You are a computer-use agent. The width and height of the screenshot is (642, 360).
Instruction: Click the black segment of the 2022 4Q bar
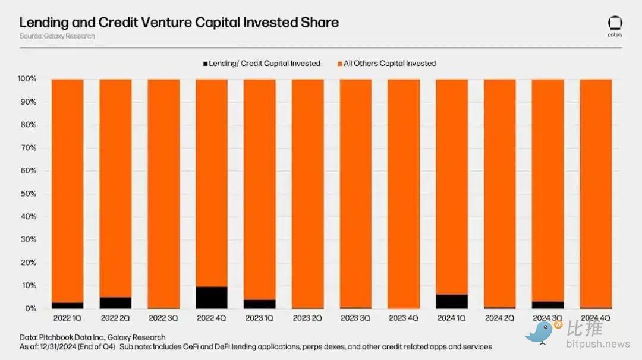click(x=212, y=298)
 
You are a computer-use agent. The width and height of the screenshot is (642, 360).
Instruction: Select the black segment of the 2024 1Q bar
click(x=452, y=301)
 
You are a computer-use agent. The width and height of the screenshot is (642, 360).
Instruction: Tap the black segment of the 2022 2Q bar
click(x=115, y=302)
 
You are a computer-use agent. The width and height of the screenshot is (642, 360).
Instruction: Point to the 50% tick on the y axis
click(x=28, y=194)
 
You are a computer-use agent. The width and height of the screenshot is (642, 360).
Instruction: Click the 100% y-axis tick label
click(x=27, y=79)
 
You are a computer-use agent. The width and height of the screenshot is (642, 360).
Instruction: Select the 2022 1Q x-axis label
click(x=67, y=318)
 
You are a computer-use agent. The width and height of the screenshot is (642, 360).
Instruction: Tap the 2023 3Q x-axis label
click(x=355, y=318)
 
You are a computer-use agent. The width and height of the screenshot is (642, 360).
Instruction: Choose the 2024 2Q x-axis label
click(x=500, y=318)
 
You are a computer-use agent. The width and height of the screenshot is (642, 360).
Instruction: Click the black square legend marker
click(x=206, y=64)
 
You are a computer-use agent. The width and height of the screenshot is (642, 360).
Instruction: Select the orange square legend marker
click(x=340, y=64)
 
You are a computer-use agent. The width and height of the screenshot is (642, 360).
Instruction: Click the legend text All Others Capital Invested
click(x=390, y=64)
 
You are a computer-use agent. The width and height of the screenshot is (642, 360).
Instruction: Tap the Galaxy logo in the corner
click(x=615, y=24)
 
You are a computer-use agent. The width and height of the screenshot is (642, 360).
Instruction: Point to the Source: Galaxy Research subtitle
click(x=56, y=36)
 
